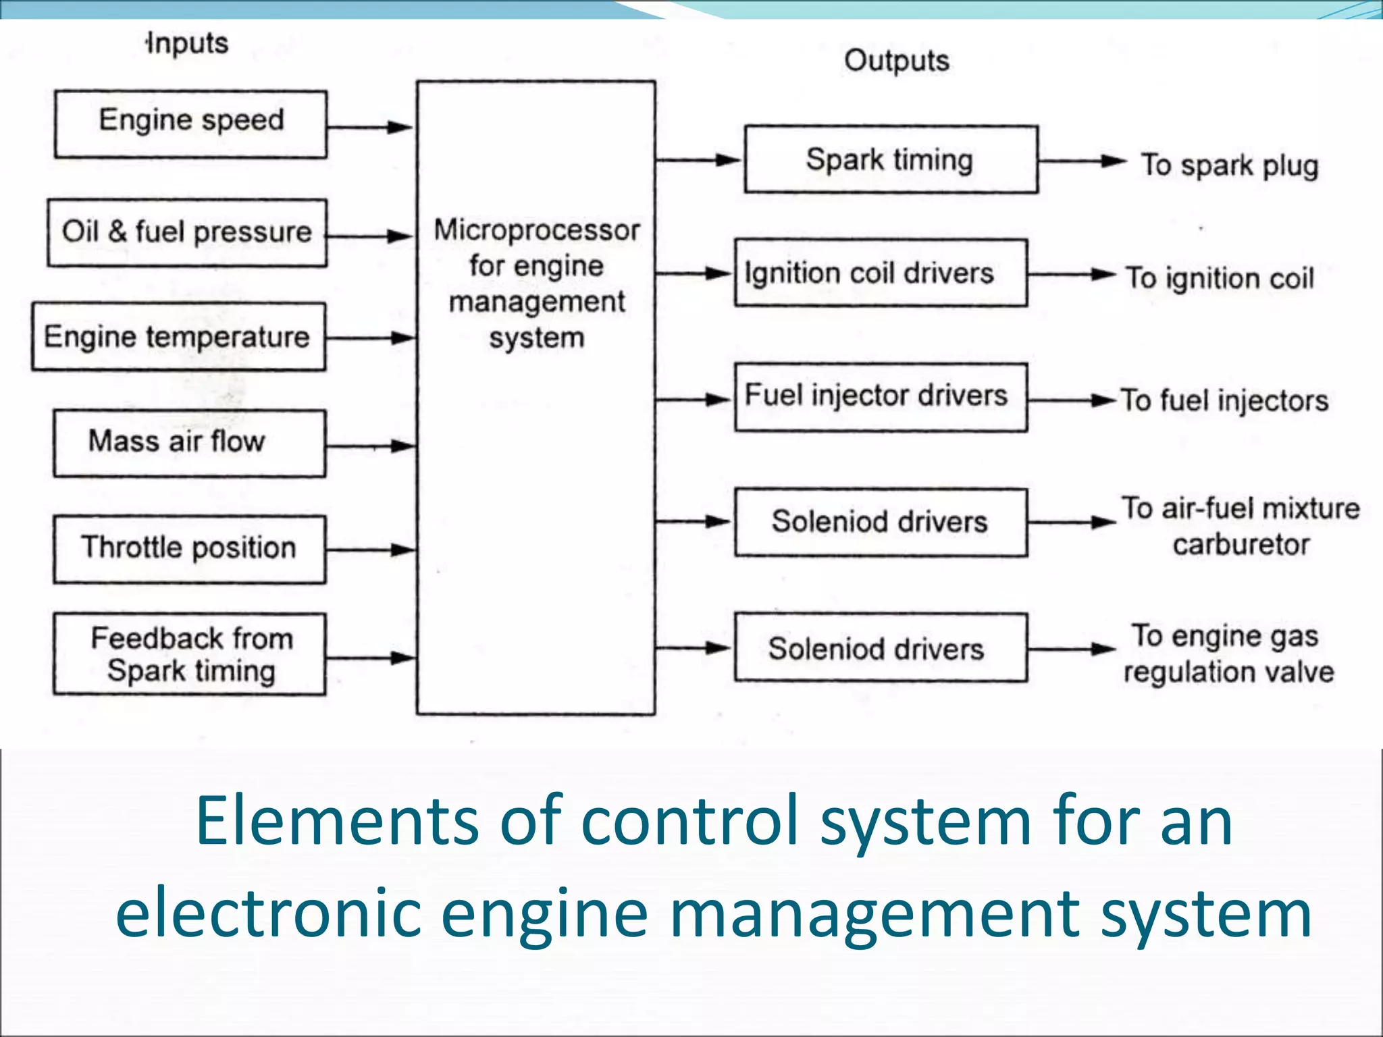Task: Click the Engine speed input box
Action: (191, 124)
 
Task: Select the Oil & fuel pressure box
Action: (187, 233)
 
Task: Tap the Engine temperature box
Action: (178, 337)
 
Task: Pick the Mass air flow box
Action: (190, 444)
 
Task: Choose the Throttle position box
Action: (190, 549)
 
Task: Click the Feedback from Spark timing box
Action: (190, 654)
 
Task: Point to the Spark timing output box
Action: (891, 159)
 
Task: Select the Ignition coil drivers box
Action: (881, 273)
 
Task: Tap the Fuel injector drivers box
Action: (881, 397)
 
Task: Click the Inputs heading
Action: (188, 43)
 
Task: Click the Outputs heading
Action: (897, 61)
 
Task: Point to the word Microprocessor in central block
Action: (536, 230)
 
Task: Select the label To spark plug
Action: (1229, 165)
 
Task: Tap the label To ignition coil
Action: (1220, 278)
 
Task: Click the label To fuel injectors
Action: (1224, 400)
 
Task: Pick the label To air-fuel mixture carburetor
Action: (1241, 526)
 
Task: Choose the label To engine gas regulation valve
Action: (1228, 654)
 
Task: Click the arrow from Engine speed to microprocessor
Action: (370, 127)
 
